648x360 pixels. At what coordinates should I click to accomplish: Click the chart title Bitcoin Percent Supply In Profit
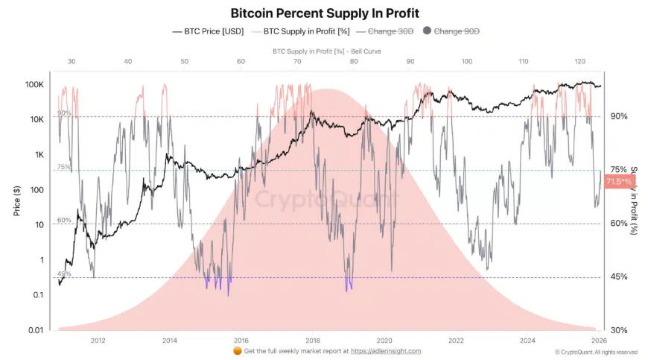click(x=324, y=13)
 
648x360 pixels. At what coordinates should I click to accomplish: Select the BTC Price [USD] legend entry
click(x=208, y=31)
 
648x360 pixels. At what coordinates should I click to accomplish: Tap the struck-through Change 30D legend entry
click(x=384, y=31)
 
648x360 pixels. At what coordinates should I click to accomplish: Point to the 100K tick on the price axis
click(x=34, y=85)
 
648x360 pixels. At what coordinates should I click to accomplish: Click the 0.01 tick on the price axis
click(x=34, y=329)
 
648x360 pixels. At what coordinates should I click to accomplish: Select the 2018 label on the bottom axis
click(x=312, y=339)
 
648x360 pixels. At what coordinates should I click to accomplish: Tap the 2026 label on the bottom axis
click(x=600, y=339)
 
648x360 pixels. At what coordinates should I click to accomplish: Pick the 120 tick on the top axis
click(x=579, y=61)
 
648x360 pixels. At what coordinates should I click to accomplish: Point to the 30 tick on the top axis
click(x=72, y=61)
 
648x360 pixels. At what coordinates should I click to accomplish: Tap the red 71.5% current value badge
click(x=619, y=182)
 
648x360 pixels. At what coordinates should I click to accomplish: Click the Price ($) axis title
click(x=16, y=200)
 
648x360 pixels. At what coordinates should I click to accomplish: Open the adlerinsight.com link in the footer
click(x=385, y=351)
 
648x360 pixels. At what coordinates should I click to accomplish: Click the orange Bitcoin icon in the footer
click(x=237, y=351)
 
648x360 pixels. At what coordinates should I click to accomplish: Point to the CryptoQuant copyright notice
click(x=596, y=352)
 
